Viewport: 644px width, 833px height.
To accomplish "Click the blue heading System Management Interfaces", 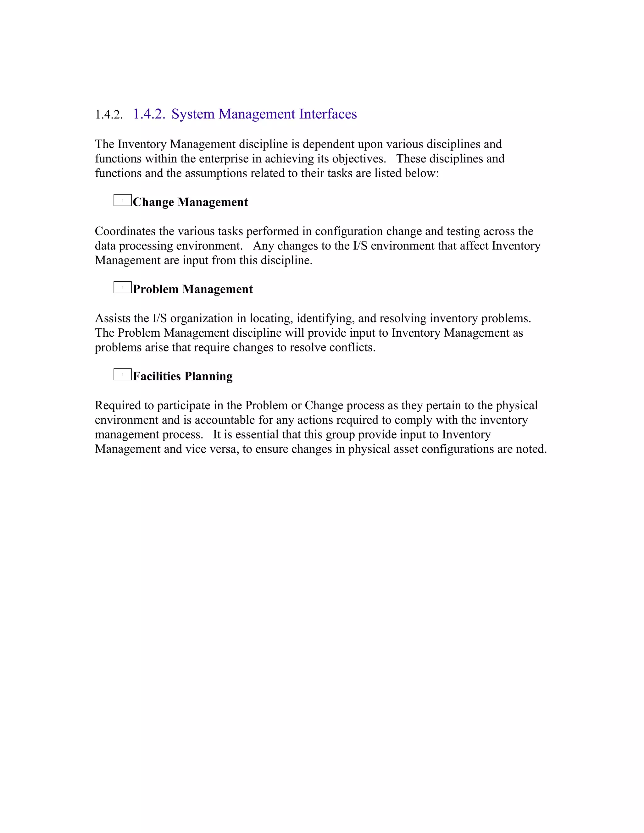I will (264, 114).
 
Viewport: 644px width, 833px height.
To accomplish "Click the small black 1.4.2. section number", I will (109, 115).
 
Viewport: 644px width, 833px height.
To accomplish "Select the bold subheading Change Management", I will (190, 202).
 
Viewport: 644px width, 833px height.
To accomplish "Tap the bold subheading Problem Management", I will (193, 289).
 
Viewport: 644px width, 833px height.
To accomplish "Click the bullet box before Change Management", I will (122, 200).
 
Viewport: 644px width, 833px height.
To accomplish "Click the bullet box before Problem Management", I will (122, 287).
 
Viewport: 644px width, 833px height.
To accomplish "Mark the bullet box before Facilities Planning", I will (122, 375).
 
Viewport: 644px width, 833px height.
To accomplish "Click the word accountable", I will (220, 420).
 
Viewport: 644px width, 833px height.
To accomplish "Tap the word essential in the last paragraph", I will (252, 434).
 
